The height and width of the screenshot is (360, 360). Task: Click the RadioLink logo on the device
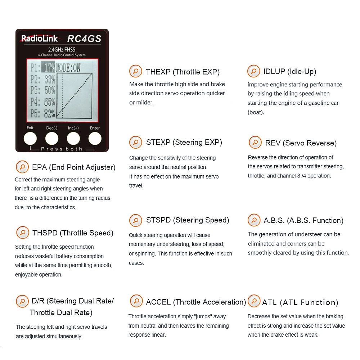click(39, 39)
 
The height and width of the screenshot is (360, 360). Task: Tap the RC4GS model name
click(84, 39)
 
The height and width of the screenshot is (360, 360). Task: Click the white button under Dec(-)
click(52, 139)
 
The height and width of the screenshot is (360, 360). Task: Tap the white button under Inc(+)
click(73, 139)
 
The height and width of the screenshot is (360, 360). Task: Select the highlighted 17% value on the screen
click(48, 68)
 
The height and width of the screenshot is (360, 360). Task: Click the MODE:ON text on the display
click(68, 68)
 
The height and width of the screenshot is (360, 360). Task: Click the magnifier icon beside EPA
click(22, 167)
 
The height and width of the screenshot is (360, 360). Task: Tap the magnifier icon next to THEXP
click(136, 71)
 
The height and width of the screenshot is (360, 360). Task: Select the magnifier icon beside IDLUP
click(253, 71)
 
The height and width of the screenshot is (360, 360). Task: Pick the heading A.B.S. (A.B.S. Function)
click(303, 220)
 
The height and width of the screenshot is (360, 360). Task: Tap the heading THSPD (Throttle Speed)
click(73, 233)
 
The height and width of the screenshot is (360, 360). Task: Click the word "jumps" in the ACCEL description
click(204, 316)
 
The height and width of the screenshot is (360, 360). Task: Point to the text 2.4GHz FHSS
click(62, 49)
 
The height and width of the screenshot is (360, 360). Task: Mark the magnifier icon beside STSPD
click(136, 220)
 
